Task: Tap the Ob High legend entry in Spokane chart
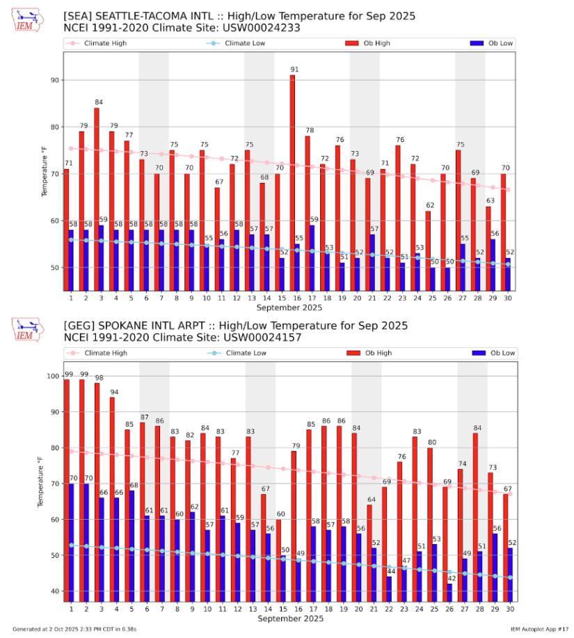point(368,353)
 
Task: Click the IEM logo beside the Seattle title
point(28,21)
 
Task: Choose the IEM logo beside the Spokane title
point(28,330)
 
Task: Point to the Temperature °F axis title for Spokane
point(42,481)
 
